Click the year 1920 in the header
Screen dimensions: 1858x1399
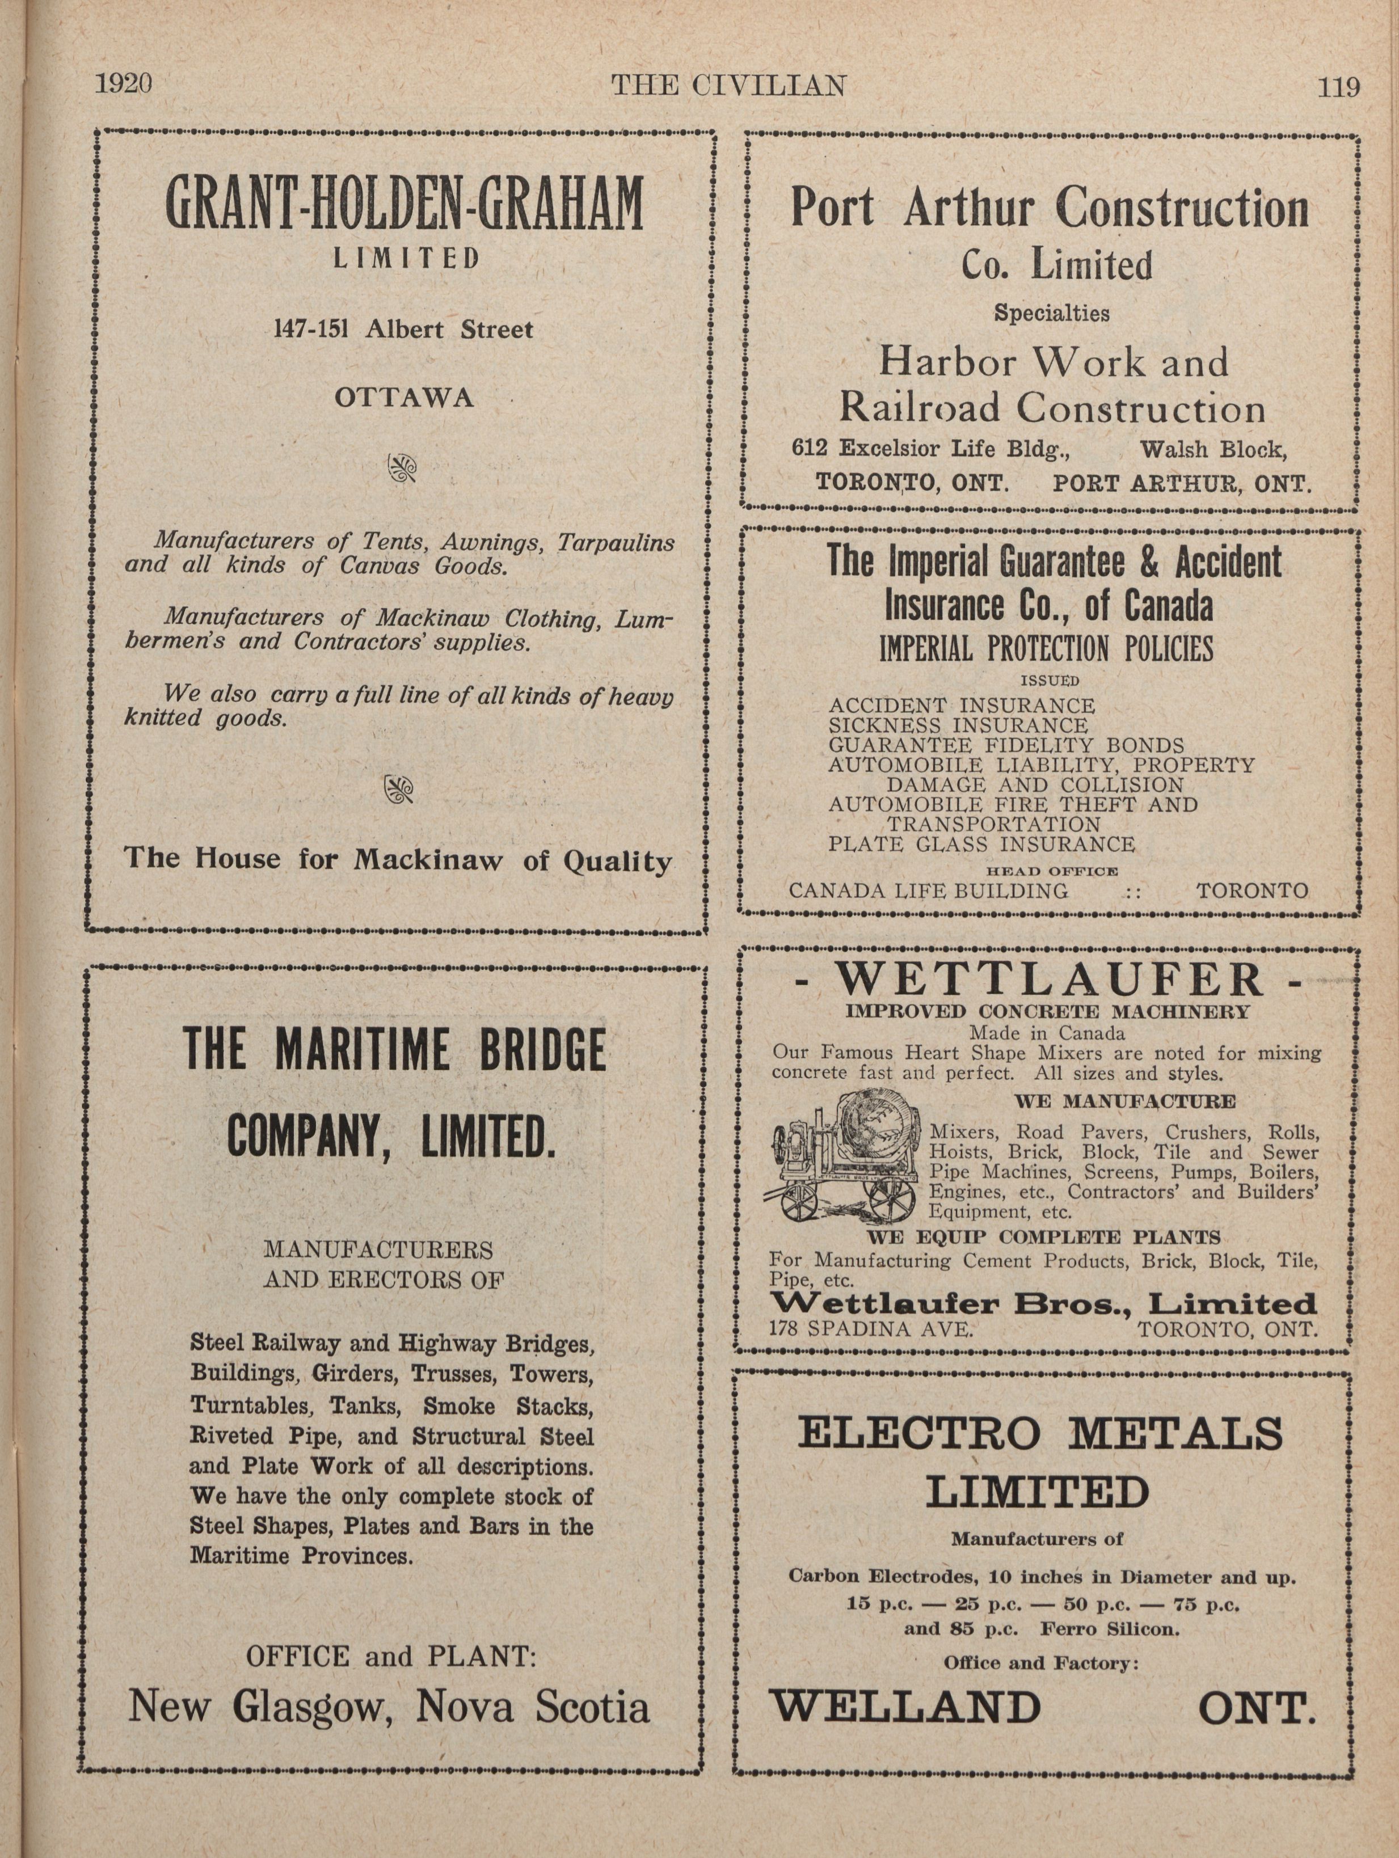pyautogui.click(x=124, y=85)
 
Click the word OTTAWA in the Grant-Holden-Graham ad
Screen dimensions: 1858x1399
pyautogui.click(x=404, y=398)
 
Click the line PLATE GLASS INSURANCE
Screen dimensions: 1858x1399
pyautogui.click(x=981, y=843)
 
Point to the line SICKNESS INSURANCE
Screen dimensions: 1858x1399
pyautogui.click(x=958, y=725)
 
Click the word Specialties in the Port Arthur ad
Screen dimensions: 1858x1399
pyautogui.click(x=1051, y=313)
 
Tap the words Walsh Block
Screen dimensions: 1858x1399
pyautogui.click(x=1212, y=449)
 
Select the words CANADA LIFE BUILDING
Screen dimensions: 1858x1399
pyautogui.click(x=929, y=890)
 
